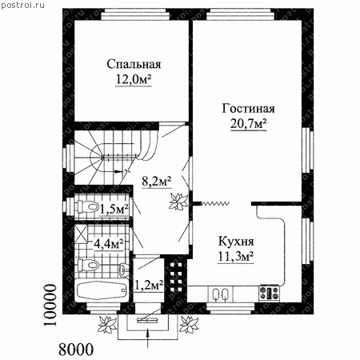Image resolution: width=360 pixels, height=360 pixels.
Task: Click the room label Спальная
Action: [134, 64]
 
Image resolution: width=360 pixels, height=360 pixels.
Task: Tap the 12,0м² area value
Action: [134, 79]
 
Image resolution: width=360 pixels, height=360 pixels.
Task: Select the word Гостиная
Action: [248, 109]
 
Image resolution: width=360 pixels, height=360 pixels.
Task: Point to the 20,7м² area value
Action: [249, 124]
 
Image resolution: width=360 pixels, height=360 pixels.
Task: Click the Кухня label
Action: [236, 242]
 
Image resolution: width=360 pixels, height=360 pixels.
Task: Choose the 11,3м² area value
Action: [236, 257]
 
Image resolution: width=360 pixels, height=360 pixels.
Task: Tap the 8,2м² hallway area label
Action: [157, 182]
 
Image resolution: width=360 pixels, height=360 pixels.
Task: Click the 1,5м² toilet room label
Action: [114, 209]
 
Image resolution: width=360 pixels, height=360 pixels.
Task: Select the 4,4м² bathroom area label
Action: [109, 243]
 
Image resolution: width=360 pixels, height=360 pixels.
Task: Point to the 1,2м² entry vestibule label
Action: [149, 286]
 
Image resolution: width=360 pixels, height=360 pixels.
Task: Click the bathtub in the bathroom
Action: [102, 290]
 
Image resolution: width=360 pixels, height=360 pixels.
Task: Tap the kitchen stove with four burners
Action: [270, 293]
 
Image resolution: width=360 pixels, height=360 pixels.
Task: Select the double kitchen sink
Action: [220, 294]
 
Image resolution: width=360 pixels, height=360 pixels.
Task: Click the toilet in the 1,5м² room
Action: [86, 206]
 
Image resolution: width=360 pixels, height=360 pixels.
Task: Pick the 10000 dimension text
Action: [50, 305]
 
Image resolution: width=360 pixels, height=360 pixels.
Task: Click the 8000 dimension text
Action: [76, 349]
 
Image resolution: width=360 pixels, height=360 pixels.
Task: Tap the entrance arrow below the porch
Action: [148, 338]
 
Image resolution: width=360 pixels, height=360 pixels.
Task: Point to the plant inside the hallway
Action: [178, 202]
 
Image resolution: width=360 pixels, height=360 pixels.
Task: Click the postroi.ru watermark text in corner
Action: [22, 5]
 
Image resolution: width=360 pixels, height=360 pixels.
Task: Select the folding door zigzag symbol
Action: [214, 203]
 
